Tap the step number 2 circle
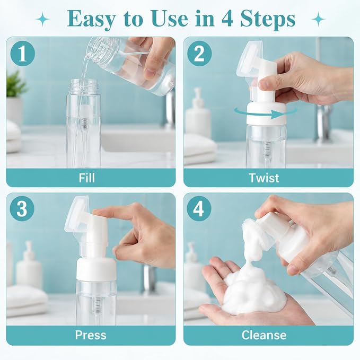pyautogui.click(x=199, y=54)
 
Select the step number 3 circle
pyautogui.click(x=22, y=209)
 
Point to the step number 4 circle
pyautogui.click(x=199, y=209)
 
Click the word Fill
pyautogui.click(x=86, y=178)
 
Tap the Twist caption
pyautogui.click(x=264, y=178)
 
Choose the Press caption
pyautogui.click(x=91, y=335)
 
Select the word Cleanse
pyautogui.click(x=264, y=335)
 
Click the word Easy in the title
pyautogui.click(x=91, y=19)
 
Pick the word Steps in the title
pyautogui.click(x=268, y=19)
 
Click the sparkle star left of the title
pyautogui.click(x=42, y=20)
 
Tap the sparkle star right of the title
pyautogui.click(x=318, y=20)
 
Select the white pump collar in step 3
pyautogui.click(x=96, y=269)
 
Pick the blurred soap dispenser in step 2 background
pyautogui.click(x=198, y=112)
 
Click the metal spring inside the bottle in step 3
pyautogui.click(x=98, y=305)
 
